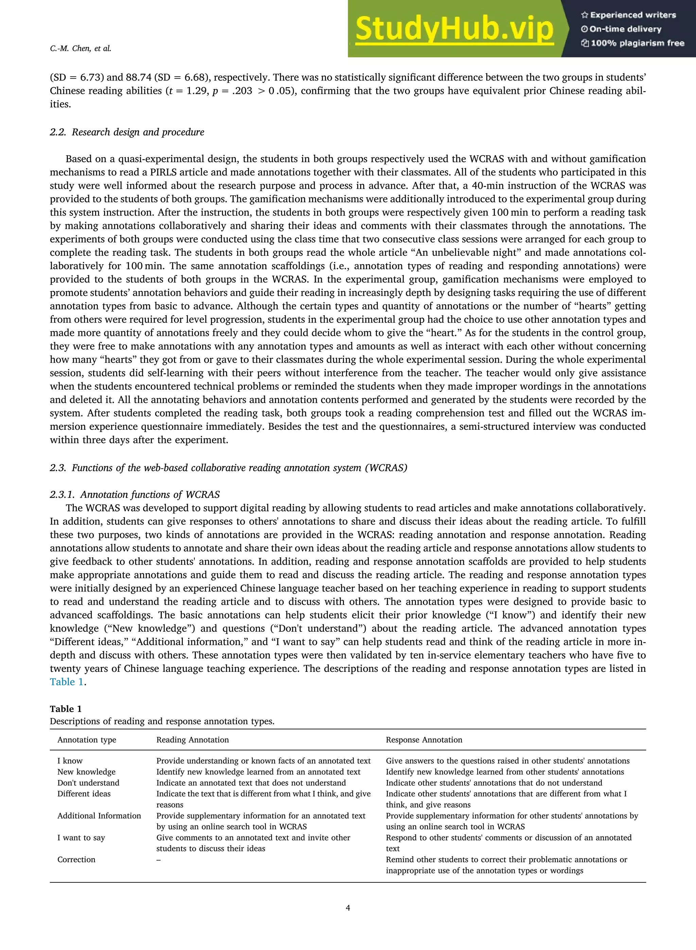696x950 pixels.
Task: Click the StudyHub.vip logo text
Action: click(454, 29)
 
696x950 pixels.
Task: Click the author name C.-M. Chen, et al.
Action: click(81, 49)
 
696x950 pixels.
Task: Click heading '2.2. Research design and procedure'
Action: click(127, 132)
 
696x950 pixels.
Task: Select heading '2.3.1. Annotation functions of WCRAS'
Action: click(135, 494)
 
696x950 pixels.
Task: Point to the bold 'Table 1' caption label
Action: click(66, 709)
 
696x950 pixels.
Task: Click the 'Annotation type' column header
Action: click(87, 740)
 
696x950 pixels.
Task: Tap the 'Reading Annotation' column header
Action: click(193, 740)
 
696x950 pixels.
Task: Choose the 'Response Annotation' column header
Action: click(424, 740)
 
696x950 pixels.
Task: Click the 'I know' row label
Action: click(70, 761)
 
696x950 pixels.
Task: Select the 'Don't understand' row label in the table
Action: click(88, 783)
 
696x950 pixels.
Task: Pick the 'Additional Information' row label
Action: click(99, 816)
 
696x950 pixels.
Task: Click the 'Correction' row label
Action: click(76, 859)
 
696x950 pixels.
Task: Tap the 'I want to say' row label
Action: click(81, 837)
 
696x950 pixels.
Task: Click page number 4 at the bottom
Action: click(348, 908)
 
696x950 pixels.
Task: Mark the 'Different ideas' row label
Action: click(84, 794)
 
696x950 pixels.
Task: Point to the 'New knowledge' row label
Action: click(86, 772)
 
